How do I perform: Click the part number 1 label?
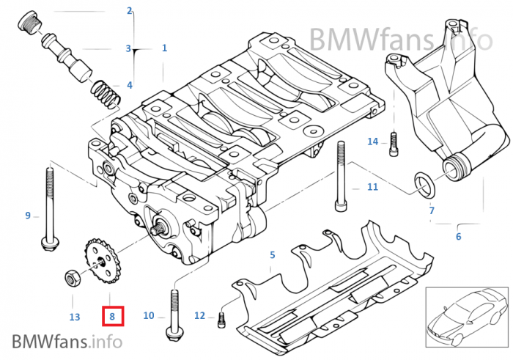(x=164, y=48)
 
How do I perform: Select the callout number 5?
(x=272, y=255)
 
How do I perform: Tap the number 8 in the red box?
(x=112, y=316)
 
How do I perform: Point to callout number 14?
(x=372, y=142)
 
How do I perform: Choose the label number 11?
(x=372, y=187)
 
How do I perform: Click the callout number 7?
(x=432, y=210)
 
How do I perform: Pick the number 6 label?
(x=458, y=237)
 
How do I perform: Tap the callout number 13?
(x=74, y=317)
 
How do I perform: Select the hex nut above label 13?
(x=73, y=278)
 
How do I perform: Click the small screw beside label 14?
(x=394, y=142)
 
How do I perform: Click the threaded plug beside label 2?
(x=28, y=23)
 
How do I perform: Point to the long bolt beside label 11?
(x=341, y=176)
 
